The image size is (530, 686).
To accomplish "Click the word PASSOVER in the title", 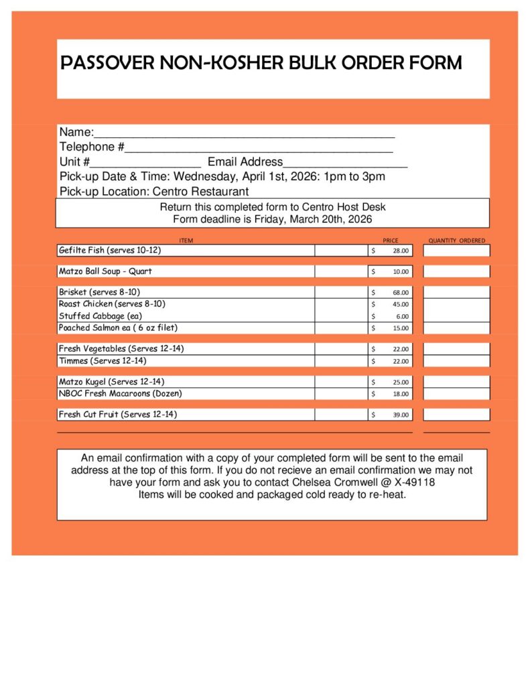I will point(108,63).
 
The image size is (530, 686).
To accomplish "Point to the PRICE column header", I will point(390,241).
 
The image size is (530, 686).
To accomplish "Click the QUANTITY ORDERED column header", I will point(456,241).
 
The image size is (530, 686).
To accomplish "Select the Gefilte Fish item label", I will point(110,250).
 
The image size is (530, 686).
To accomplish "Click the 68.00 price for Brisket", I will point(400,293).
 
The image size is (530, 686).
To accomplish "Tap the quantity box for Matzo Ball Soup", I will point(456,271).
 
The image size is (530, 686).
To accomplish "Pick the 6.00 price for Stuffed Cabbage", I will point(401,317).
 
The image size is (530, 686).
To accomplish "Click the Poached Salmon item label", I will point(118,328).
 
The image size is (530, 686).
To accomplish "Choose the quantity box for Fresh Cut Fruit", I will point(456,415).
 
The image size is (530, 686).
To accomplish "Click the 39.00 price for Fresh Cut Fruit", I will point(400,415).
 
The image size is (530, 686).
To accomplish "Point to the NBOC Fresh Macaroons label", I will point(120,393).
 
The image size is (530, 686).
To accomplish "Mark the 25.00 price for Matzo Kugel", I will point(400,382).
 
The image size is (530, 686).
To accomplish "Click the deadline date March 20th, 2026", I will point(330,219).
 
